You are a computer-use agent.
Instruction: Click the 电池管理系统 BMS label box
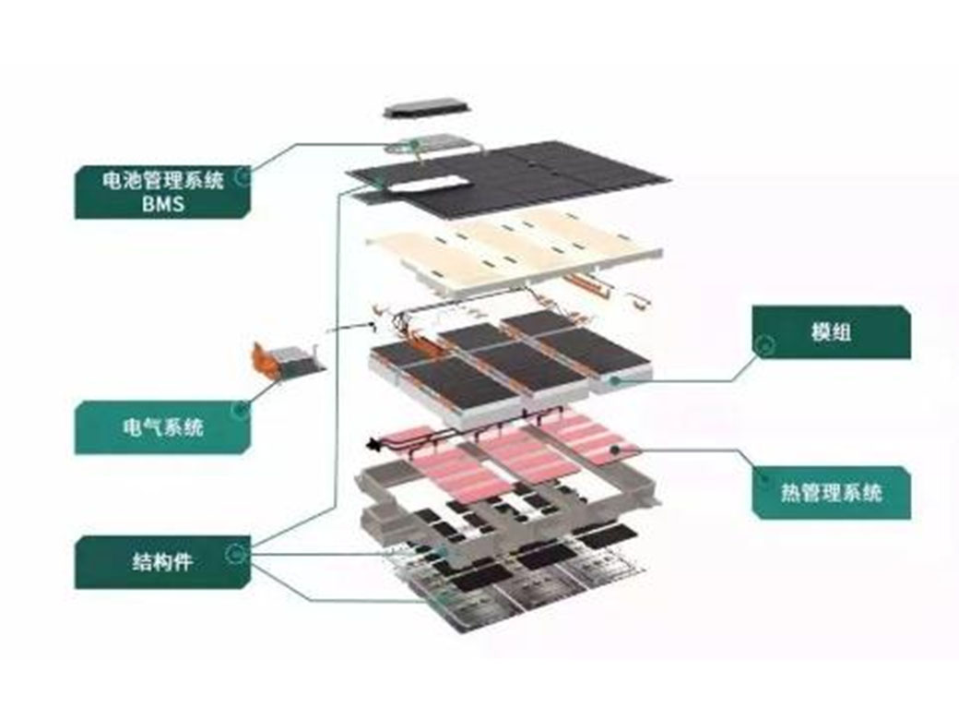[x=162, y=192]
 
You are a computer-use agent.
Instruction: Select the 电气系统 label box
[x=162, y=427]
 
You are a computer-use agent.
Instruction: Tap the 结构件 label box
[x=162, y=562]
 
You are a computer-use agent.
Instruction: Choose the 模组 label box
[x=831, y=332]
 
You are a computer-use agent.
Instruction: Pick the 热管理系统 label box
[x=831, y=493]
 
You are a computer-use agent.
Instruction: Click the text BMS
[x=163, y=203]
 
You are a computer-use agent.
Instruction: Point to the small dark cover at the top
[x=426, y=109]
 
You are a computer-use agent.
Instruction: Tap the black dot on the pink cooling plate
[x=615, y=449]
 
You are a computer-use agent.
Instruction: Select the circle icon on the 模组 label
[x=764, y=346]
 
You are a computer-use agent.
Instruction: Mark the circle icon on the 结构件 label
[x=235, y=554]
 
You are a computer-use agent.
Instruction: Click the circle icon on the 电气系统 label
[x=241, y=410]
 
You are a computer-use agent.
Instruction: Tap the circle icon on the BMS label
[x=243, y=176]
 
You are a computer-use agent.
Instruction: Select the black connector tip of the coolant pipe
[x=371, y=444]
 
